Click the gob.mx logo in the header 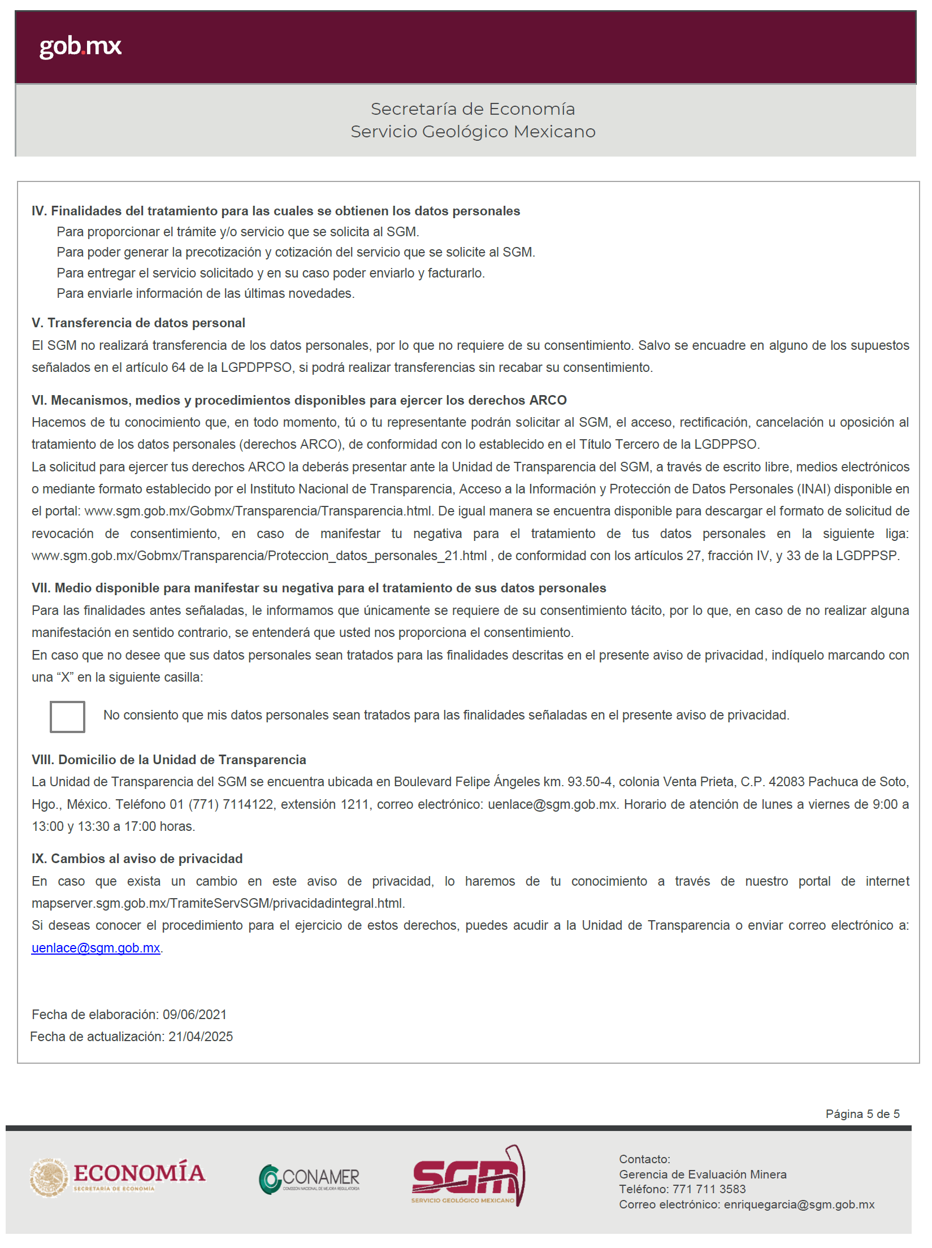click(x=80, y=46)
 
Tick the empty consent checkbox click(x=67, y=716)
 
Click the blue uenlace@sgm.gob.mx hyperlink click(x=96, y=948)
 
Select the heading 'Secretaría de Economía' click(x=472, y=109)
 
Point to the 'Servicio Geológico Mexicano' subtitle click(x=472, y=132)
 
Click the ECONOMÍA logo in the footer click(x=118, y=1178)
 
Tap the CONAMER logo click(x=310, y=1179)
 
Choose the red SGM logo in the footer click(x=468, y=1177)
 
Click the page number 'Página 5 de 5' click(x=862, y=1113)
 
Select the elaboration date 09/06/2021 click(x=194, y=1015)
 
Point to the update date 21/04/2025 click(x=201, y=1037)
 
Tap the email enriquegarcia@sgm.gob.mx click(x=799, y=1204)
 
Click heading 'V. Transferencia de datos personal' click(x=138, y=323)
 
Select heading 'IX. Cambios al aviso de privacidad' click(x=137, y=859)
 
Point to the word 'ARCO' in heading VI click(x=548, y=400)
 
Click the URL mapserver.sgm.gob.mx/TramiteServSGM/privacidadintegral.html click(x=218, y=903)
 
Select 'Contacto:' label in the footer click(x=644, y=1159)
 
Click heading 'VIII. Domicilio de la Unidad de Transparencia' click(x=169, y=760)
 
